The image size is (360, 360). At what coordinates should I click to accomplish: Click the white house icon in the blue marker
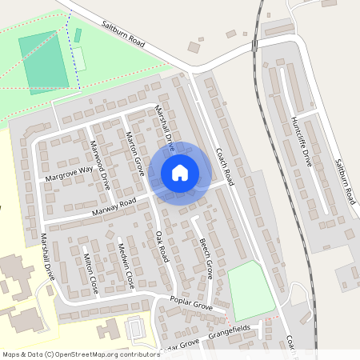tap(180, 172)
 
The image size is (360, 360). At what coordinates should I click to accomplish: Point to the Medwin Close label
tap(126, 263)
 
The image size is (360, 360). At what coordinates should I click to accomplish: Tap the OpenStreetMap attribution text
tap(80, 354)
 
